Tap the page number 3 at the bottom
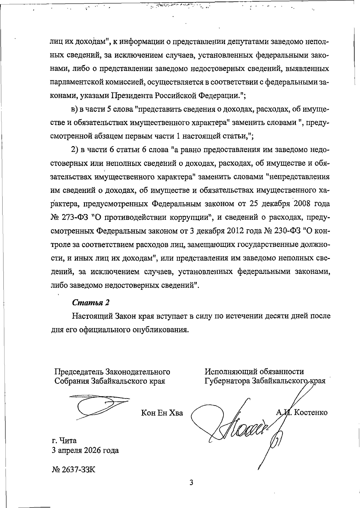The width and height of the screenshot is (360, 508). [191, 483]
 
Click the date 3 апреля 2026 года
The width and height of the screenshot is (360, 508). [85, 450]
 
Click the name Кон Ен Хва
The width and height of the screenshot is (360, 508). [162, 413]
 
